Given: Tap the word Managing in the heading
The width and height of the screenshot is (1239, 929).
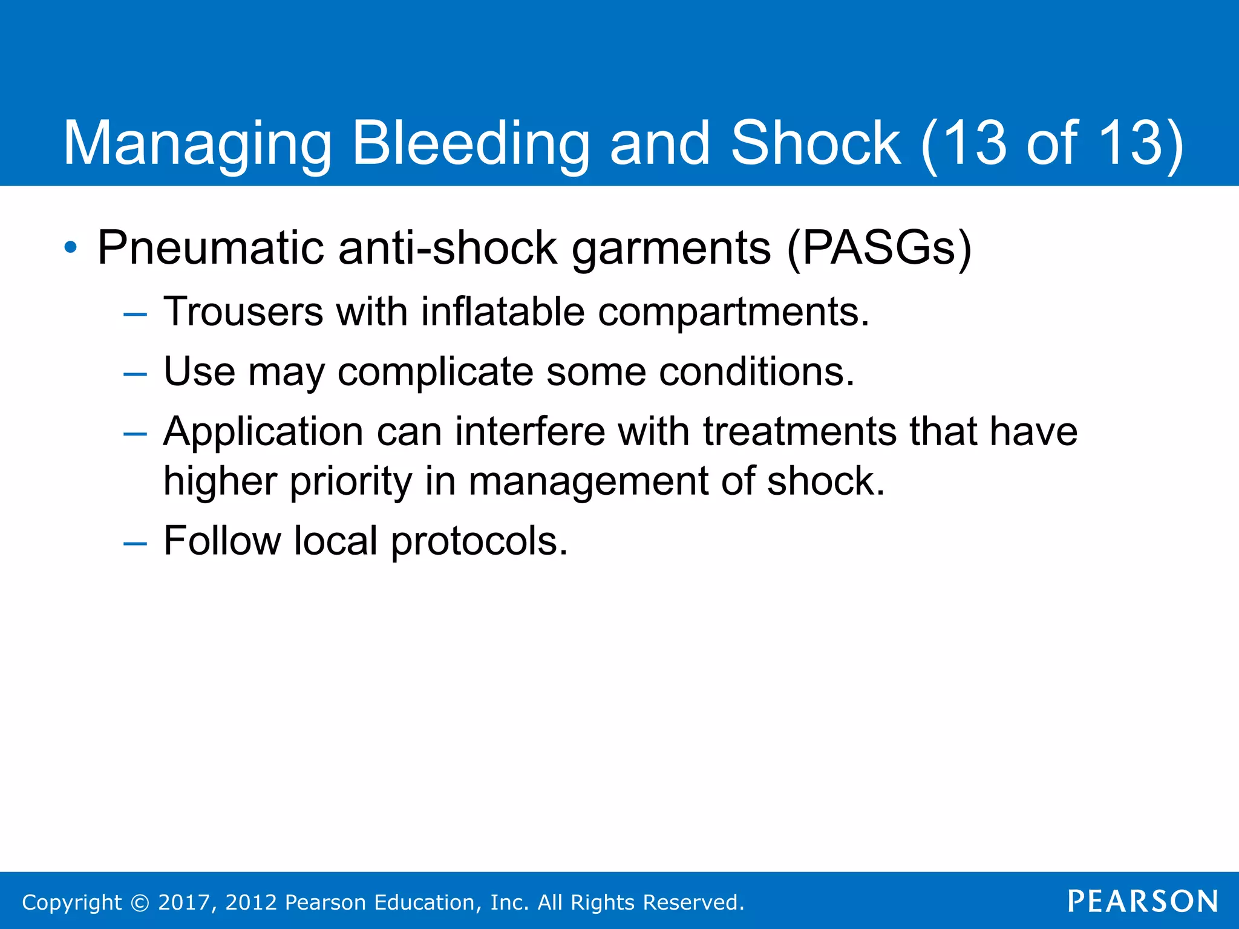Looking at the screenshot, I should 197,144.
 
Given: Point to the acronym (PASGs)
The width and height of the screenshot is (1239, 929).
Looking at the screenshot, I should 878,248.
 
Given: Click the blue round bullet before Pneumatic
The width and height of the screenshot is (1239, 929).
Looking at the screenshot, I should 71,247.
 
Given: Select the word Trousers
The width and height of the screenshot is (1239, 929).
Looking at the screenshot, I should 243,312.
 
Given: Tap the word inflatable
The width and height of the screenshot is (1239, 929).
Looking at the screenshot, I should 503,312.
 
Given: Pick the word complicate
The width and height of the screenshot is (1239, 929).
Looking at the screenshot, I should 436,372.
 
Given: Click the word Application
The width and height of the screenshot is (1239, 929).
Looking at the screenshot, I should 263,432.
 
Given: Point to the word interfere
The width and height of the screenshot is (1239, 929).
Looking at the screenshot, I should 530,432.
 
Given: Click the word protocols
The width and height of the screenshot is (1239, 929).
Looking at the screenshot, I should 479,541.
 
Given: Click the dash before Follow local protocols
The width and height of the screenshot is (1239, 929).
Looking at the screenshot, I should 135,543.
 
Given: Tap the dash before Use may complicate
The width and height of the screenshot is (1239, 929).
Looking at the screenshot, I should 135,374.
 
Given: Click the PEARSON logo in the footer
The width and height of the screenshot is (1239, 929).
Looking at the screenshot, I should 1143,901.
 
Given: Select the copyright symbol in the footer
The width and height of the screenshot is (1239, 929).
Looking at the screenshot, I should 140,902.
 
